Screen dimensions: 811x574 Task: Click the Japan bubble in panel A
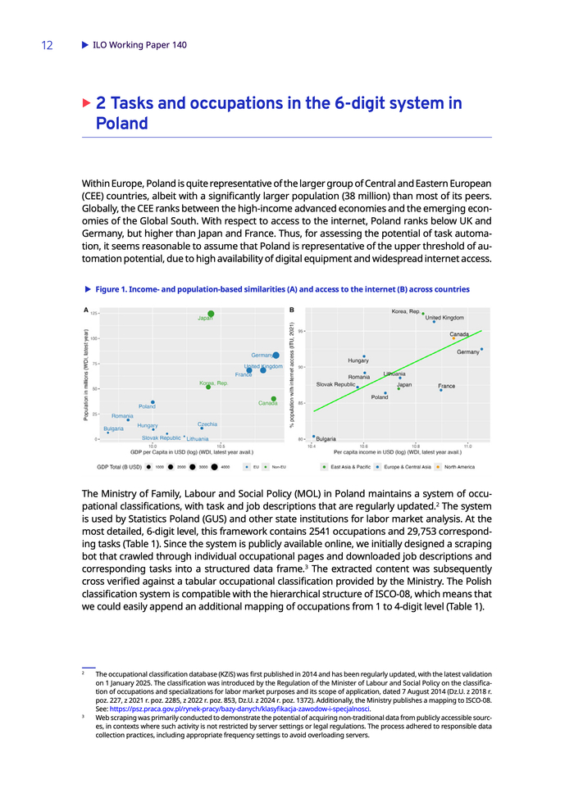211,314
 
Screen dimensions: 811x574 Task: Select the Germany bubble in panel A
276,355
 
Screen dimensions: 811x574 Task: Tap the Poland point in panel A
153,402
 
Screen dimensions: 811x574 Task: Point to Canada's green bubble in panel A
274,399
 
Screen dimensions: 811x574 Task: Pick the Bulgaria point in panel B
313,437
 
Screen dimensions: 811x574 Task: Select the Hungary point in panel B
364,356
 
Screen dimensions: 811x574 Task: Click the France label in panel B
446,386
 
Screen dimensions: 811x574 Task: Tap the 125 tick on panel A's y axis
94,313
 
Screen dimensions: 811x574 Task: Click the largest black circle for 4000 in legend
214,467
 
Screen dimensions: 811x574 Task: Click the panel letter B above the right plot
293,310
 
